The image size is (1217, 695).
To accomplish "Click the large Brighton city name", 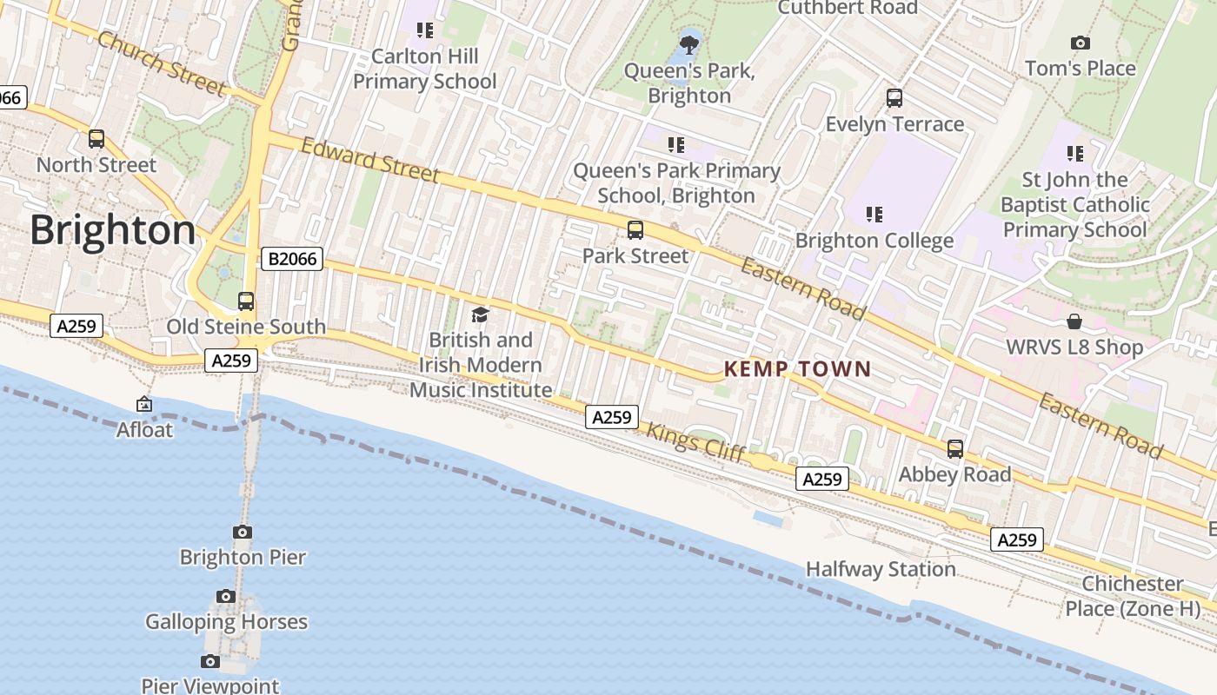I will coord(113,230).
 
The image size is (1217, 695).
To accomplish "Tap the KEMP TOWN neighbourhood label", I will coord(797,369).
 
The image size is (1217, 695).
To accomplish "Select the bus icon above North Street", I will coord(96,139).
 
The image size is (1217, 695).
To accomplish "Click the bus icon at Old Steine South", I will coord(246,301).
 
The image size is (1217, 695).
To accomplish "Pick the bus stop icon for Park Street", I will coord(635,230).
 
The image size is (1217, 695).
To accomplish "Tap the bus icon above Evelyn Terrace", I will coord(894,98).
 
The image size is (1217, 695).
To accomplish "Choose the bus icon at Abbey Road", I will coord(955,449).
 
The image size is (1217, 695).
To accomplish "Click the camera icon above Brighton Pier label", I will coord(243,532).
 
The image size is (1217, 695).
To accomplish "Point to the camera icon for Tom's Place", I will coord(1081,43).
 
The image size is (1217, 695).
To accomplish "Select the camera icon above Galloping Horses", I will coord(226,596).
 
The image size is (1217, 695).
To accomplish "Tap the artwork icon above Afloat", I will coord(144,404).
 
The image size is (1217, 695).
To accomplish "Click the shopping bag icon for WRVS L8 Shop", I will coord(1074,321).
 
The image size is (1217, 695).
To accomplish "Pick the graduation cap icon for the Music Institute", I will coord(480,314).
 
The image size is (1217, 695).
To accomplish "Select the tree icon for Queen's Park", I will coord(690,45).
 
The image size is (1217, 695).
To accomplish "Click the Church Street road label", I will coord(162,63).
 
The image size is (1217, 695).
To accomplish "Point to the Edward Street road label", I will coord(370,160).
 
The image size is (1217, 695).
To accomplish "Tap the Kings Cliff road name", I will coord(695,442).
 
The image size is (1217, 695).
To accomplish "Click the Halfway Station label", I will coord(881,569).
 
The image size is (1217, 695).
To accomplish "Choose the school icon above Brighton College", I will coord(875,214).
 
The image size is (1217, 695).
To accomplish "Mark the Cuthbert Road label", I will coord(848,8).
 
